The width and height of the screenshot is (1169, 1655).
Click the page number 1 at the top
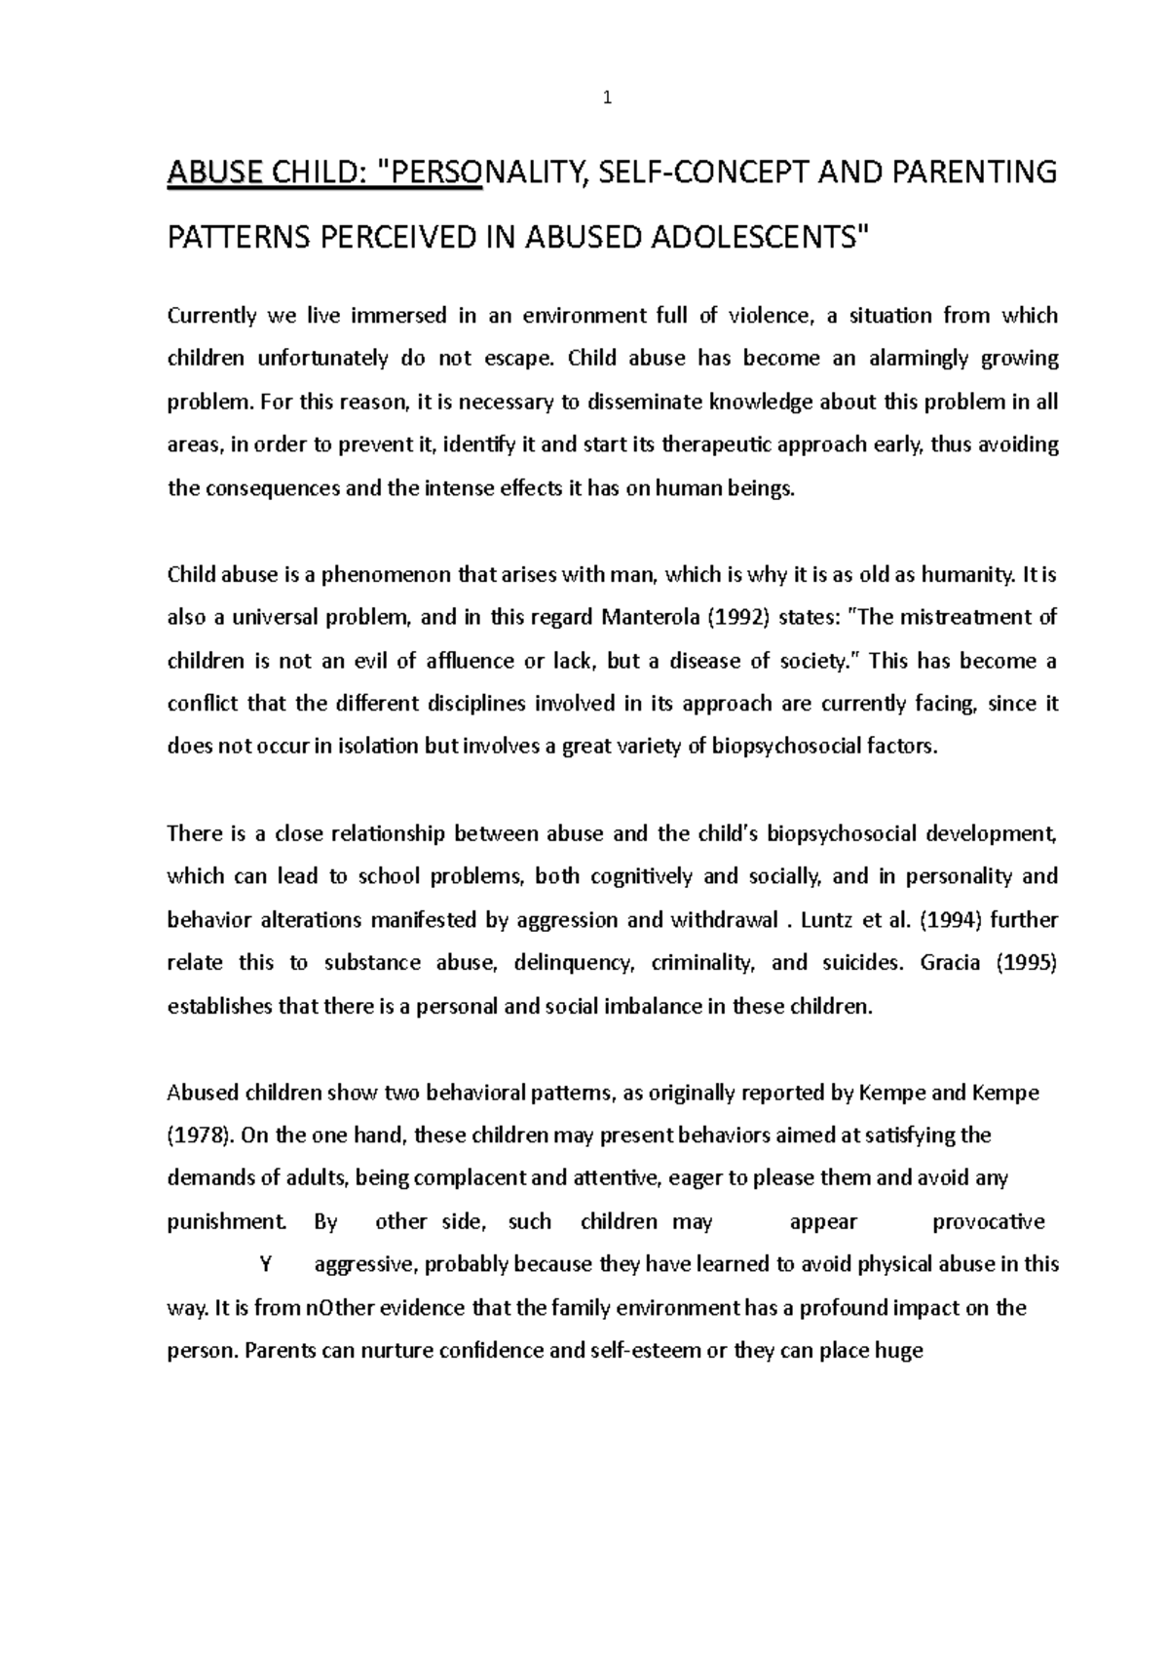pos(607,97)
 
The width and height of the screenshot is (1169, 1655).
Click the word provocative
pos(988,1222)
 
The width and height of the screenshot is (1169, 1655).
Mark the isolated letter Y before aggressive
pos(264,1265)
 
